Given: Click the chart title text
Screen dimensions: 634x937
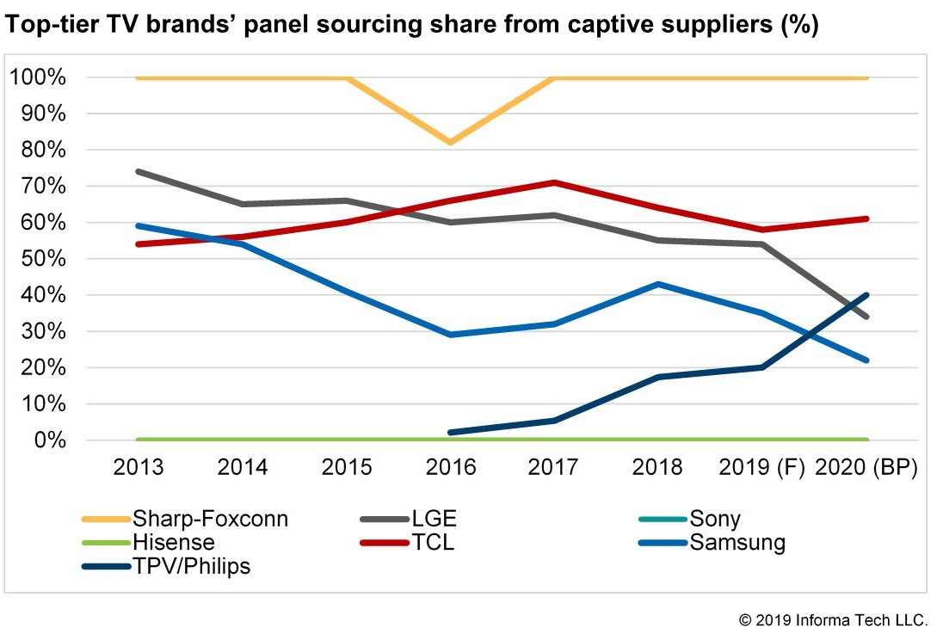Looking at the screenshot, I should click(412, 26).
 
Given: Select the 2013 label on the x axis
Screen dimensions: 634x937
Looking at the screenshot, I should click(139, 467).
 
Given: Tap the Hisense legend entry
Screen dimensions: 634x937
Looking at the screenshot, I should click(173, 543).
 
